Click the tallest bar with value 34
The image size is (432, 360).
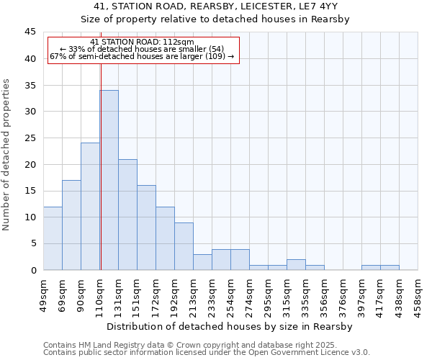pos(109,180)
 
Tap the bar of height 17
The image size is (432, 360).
pos(71,225)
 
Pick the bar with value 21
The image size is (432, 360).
pos(127,215)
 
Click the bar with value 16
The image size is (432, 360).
pos(146,228)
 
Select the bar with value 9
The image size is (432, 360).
pos(184,246)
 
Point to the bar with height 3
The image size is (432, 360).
pos(202,262)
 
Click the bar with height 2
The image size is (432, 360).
pos(296,264)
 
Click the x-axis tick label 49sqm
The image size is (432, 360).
pos(44,294)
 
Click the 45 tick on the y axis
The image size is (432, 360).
pos(30,32)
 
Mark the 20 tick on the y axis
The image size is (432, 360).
pos(30,164)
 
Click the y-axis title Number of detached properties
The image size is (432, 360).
pos(7,155)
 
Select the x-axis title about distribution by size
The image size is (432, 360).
pos(230,327)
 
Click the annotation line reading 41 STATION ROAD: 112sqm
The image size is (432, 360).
pos(143,42)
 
